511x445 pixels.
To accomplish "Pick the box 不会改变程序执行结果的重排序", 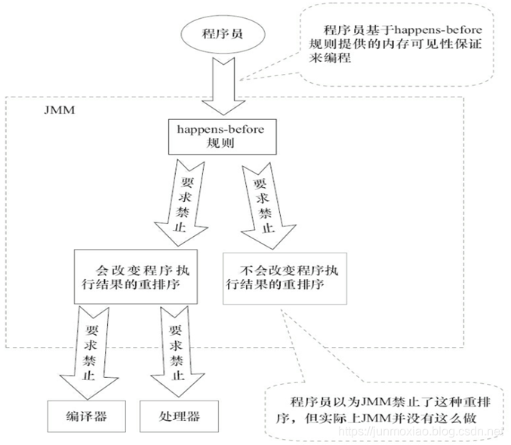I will coord(285,276).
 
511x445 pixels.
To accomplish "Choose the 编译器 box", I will coord(84,416).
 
